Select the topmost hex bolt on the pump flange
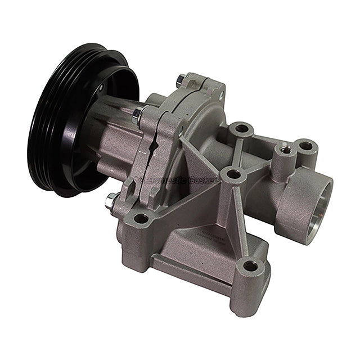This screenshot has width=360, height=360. click(181, 80)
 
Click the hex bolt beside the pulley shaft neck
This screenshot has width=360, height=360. click(137, 115)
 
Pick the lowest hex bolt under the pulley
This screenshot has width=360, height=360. click(111, 199)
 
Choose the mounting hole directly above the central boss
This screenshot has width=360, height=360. click(241, 129)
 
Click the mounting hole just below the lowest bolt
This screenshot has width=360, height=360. click(141, 218)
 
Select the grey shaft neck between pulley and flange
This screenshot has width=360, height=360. click(115, 141)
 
